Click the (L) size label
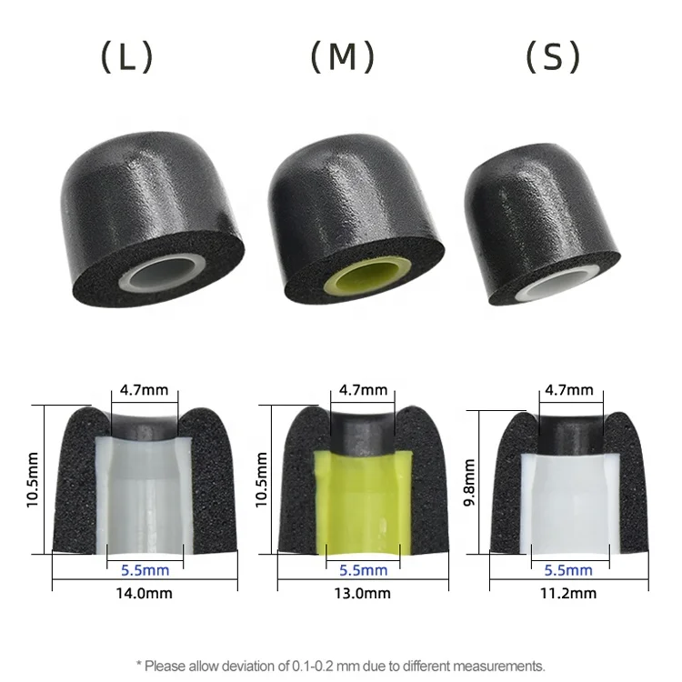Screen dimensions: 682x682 pyautogui.click(x=126, y=57)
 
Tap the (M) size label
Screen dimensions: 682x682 pyautogui.click(x=342, y=57)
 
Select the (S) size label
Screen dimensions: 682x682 pyautogui.click(x=553, y=57)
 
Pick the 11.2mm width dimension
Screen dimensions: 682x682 pyautogui.click(x=570, y=593)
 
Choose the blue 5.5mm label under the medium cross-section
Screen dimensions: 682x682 pyautogui.click(x=364, y=570)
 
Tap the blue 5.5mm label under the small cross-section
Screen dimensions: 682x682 pyautogui.click(x=569, y=570)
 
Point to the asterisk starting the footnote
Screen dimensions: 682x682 pyautogui.click(x=138, y=664)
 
